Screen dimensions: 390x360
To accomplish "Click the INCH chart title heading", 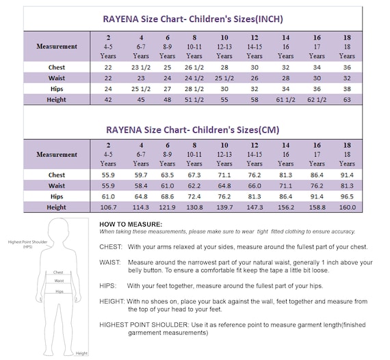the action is (192, 18).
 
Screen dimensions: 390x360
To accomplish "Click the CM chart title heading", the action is (192, 129).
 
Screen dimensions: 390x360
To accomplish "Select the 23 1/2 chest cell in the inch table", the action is (140, 67).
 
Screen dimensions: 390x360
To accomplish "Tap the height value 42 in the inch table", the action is (108, 99).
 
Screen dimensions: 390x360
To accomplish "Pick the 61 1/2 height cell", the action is (285, 99).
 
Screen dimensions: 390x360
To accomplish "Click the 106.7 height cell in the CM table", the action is (108, 207).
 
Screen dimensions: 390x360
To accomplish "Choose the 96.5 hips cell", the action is (347, 196).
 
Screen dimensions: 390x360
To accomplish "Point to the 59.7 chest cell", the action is (140, 175).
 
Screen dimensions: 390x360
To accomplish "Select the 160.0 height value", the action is (347, 207).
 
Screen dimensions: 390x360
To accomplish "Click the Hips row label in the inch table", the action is (57, 89).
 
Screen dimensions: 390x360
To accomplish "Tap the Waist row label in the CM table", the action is (57, 185).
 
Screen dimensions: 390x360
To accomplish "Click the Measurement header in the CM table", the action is (57, 155).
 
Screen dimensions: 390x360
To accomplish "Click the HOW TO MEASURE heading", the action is (131, 224).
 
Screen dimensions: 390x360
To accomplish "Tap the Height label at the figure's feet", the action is (81, 353).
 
